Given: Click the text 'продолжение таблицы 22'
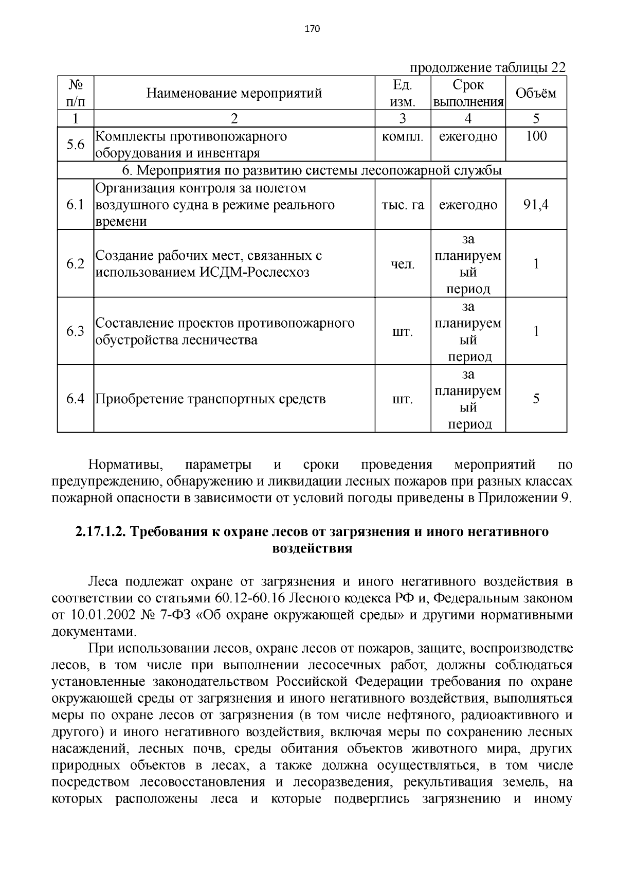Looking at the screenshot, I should pyautogui.click(x=487, y=68).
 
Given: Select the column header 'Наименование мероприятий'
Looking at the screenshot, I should pyautogui.click(x=234, y=93).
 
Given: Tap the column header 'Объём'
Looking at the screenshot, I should pyautogui.click(x=536, y=93).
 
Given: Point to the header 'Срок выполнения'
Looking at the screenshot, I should pyautogui.click(x=468, y=93).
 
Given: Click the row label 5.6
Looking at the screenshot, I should pyautogui.click(x=76, y=145).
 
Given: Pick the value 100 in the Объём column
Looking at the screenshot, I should pyautogui.click(x=536, y=136).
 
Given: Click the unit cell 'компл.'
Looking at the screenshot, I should pyautogui.click(x=403, y=137).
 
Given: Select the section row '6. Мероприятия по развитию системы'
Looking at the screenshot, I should pyautogui.click(x=312, y=170).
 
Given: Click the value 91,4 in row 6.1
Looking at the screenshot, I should pyautogui.click(x=536, y=205).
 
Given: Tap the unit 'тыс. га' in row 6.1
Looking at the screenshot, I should pyautogui.click(x=403, y=205).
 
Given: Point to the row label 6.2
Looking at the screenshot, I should pyautogui.click(x=76, y=264).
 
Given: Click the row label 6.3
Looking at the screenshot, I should pyautogui.click(x=76, y=331).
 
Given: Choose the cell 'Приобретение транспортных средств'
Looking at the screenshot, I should pyautogui.click(x=211, y=399).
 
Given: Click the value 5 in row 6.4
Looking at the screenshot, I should pyautogui.click(x=536, y=399).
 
